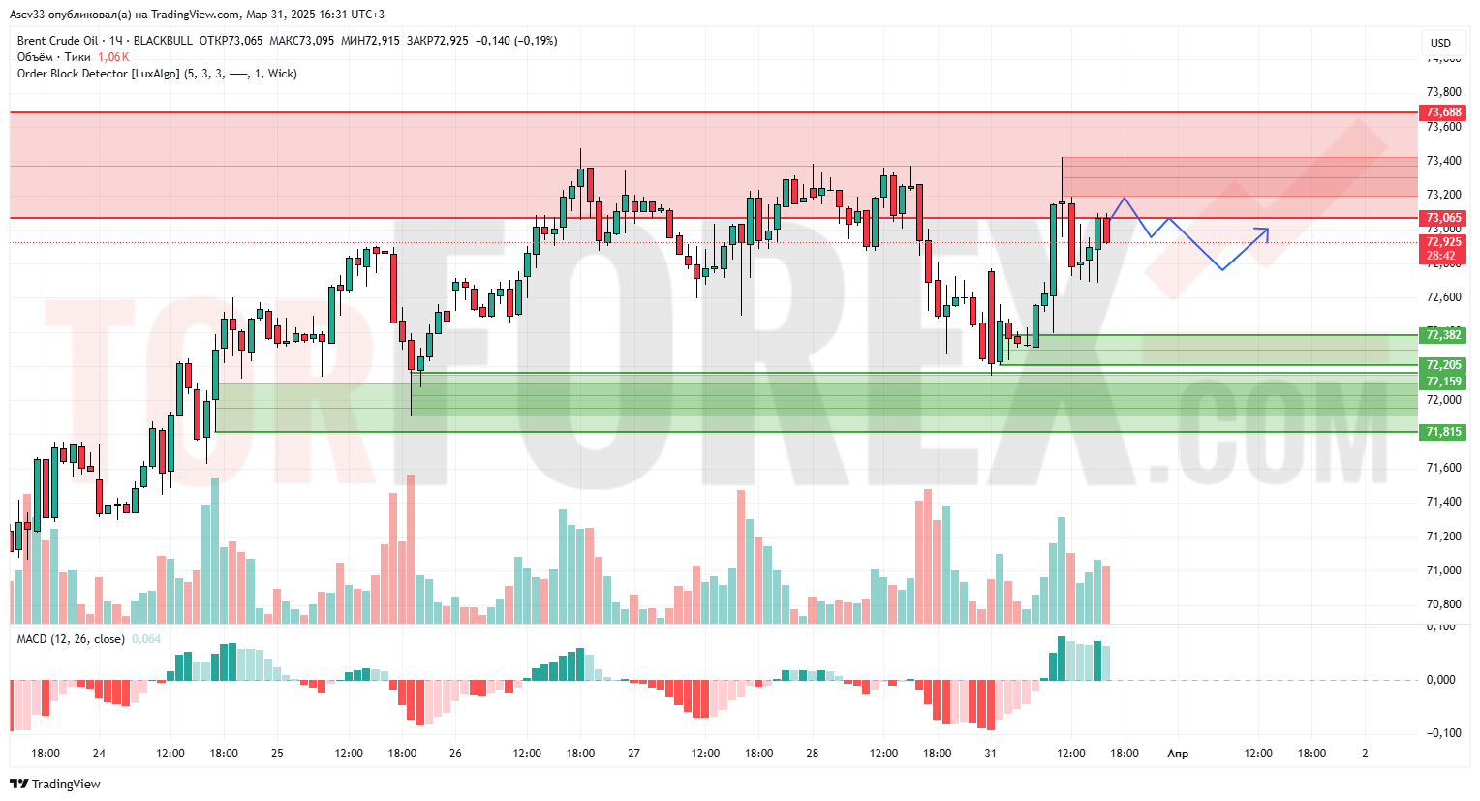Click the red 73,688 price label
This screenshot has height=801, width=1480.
coord(1443,112)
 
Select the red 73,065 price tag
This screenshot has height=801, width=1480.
coord(1443,218)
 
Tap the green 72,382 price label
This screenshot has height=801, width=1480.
coord(1443,335)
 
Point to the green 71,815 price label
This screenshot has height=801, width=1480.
coord(1443,432)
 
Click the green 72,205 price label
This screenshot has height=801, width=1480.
coord(1443,365)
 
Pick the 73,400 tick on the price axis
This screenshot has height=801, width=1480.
coord(1443,161)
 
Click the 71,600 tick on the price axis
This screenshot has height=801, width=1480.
coord(1443,468)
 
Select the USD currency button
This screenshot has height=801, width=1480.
coord(1441,43)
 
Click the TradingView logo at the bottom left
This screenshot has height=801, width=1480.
coord(55,784)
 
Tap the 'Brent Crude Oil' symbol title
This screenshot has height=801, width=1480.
coord(57,41)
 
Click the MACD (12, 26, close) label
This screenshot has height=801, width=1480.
coord(71,639)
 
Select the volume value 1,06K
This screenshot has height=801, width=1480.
coord(113,57)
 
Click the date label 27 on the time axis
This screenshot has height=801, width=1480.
coord(633,753)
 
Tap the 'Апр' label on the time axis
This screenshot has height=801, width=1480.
coord(1178,753)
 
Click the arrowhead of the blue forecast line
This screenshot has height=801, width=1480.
coord(1266,231)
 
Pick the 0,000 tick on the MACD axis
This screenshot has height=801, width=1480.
coord(1440,680)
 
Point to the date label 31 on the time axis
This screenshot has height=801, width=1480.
coord(990,753)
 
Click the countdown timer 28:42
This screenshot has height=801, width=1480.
coord(1440,256)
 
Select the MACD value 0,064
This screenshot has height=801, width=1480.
coord(146,639)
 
